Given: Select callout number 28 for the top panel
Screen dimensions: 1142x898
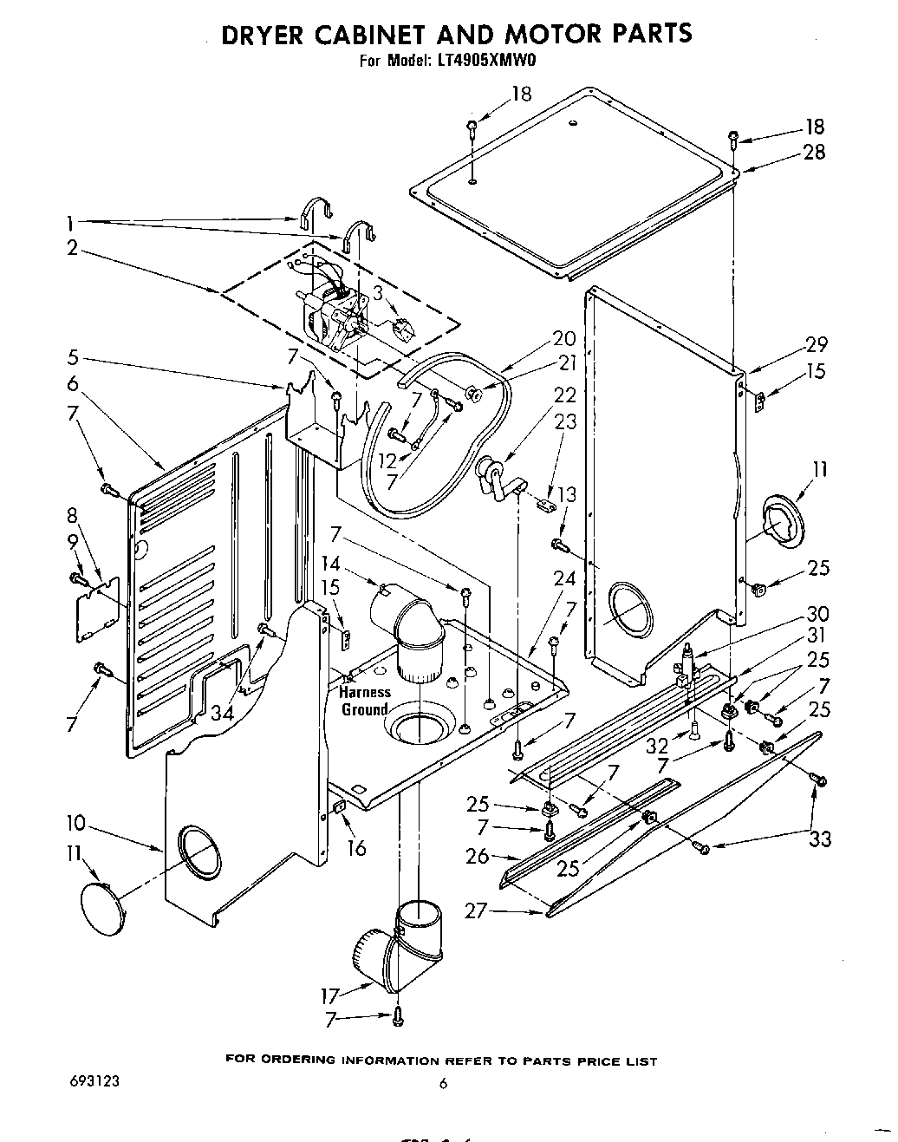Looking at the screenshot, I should click(814, 153).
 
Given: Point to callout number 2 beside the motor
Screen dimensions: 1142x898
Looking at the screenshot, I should click(73, 248).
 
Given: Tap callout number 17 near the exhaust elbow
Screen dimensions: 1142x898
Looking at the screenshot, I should click(331, 995).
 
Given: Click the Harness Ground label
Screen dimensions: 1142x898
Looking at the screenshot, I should click(364, 701).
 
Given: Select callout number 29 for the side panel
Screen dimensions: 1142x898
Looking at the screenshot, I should click(816, 343).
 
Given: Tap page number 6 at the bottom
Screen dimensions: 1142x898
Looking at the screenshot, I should click(443, 1083).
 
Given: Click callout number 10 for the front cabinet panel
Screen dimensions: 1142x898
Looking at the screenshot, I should click(74, 821).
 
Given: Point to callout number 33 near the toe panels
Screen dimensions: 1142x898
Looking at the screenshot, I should click(820, 839).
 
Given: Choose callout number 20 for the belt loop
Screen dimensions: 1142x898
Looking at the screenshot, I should click(563, 339).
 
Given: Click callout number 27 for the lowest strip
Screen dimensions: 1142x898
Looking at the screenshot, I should click(476, 910).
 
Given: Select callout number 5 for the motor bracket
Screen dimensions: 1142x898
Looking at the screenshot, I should click(73, 357).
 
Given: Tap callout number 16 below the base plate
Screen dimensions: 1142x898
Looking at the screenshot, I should click(356, 847).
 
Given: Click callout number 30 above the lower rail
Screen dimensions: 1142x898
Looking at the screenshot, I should click(817, 614).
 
